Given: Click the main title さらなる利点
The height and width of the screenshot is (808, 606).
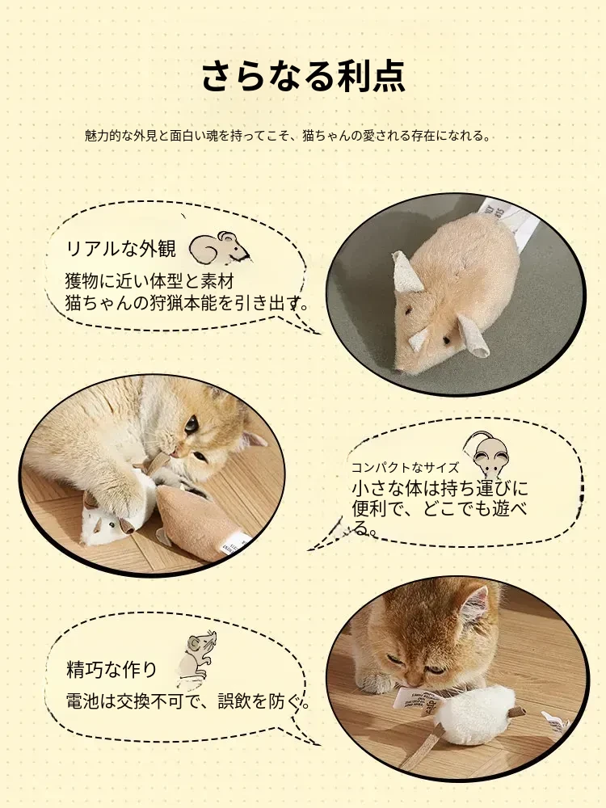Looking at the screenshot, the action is click(303, 76).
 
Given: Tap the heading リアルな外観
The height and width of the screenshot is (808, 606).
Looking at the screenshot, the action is click(121, 248).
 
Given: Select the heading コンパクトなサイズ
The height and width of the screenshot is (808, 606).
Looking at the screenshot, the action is click(405, 467).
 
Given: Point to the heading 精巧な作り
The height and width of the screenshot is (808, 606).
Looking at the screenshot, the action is click(112, 669).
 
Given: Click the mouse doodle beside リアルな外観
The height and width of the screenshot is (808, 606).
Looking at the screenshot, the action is click(219, 248).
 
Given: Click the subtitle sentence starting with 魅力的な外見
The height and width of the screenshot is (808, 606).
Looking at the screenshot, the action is click(288, 136).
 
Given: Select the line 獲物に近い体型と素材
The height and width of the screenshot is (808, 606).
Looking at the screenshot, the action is click(150, 281).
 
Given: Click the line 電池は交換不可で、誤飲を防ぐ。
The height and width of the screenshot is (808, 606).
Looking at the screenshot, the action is click(188, 701).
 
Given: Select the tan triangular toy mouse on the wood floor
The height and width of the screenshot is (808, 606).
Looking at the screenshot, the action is click(204, 521).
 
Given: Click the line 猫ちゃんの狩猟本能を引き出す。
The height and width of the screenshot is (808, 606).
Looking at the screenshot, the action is click(187, 303).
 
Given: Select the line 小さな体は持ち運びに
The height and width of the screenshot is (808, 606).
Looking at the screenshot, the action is click(440, 488).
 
